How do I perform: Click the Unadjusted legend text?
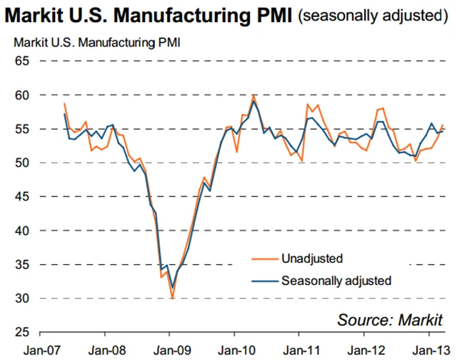(x=313, y=259)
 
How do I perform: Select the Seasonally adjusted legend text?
(x=336, y=281)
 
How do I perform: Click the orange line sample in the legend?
(x=263, y=259)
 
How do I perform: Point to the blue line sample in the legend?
(x=263, y=281)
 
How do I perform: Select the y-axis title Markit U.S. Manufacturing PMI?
(x=98, y=41)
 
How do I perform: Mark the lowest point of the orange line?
(x=172, y=297)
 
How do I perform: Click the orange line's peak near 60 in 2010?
(x=253, y=96)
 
